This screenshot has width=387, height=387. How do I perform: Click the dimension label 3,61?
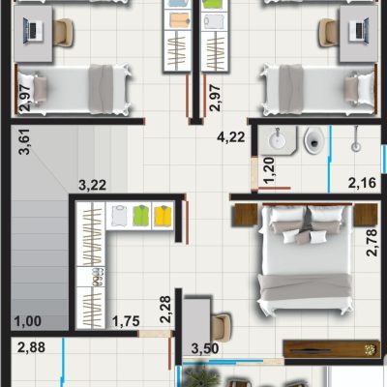(x=25, y=142)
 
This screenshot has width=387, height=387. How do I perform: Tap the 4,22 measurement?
(x=231, y=137)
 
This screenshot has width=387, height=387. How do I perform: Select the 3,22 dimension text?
(x=93, y=186)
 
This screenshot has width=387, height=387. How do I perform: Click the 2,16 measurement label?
(x=362, y=183)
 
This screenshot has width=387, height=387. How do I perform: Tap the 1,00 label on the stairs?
(x=28, y=321)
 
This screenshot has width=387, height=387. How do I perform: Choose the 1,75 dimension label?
(x=126, y=321)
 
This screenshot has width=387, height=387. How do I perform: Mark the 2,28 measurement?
(x=165, y=310)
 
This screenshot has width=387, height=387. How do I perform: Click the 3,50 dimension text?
(x=205, y=348)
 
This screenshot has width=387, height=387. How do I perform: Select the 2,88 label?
(x=31, y=347)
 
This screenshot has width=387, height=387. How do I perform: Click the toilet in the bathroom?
(x=313, y=139)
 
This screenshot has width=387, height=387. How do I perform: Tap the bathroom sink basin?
(x=277, y=140)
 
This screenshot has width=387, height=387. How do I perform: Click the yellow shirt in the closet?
(x=164, y=216)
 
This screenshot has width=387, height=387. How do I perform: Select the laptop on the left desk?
(x=33, y=32)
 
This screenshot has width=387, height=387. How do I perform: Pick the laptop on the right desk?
(x=359, y=32)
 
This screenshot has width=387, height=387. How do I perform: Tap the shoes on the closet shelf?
(x=98, y=277)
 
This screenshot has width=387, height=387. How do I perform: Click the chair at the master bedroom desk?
(x=222, y=325)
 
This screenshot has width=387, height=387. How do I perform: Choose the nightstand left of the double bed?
(x=245, y=215)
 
